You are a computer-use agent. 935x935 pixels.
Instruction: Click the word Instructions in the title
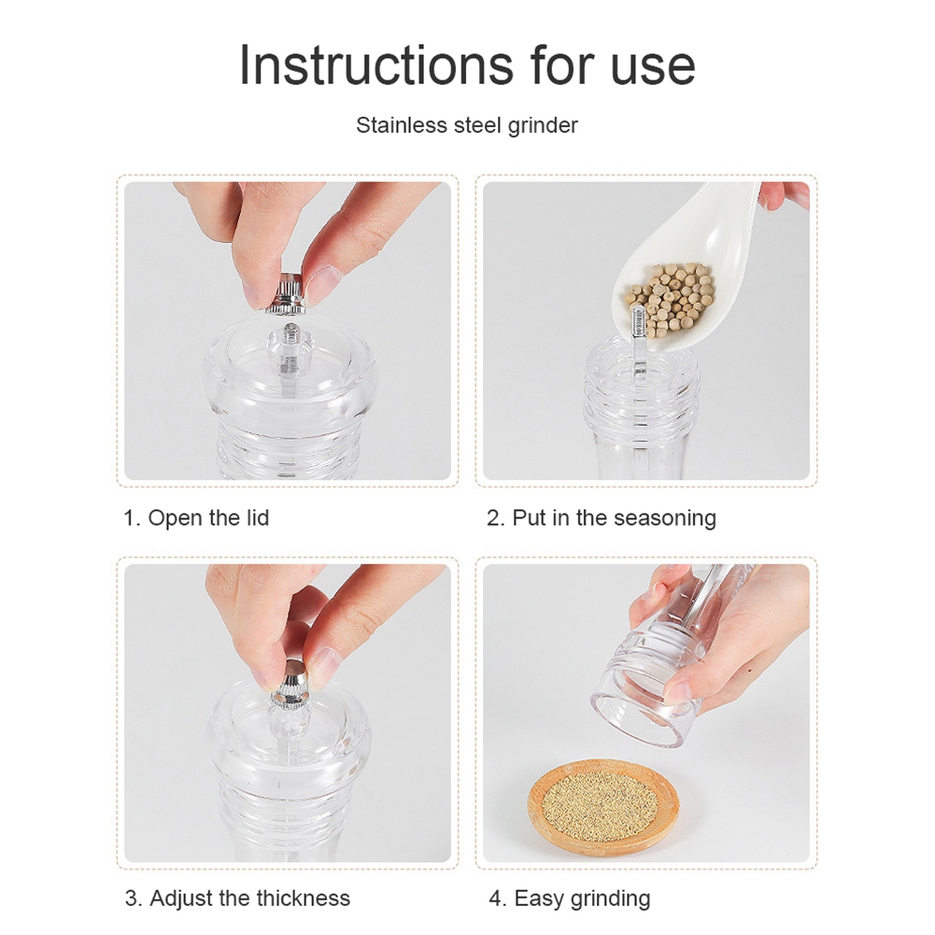point(376,65)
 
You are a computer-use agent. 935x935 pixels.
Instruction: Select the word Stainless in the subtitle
point(402,125)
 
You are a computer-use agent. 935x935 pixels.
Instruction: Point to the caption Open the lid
point(208,517)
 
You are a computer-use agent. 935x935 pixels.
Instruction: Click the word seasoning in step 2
point(664,518)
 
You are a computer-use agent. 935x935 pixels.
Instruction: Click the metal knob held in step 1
point(286,292)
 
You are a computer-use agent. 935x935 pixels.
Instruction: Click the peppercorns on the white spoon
point(672,298)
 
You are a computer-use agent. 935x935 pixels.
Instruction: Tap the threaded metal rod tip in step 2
point(639,320)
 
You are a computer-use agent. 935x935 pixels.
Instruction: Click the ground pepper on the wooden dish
point(602,806)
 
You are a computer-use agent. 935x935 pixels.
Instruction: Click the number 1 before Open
point(130,518)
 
